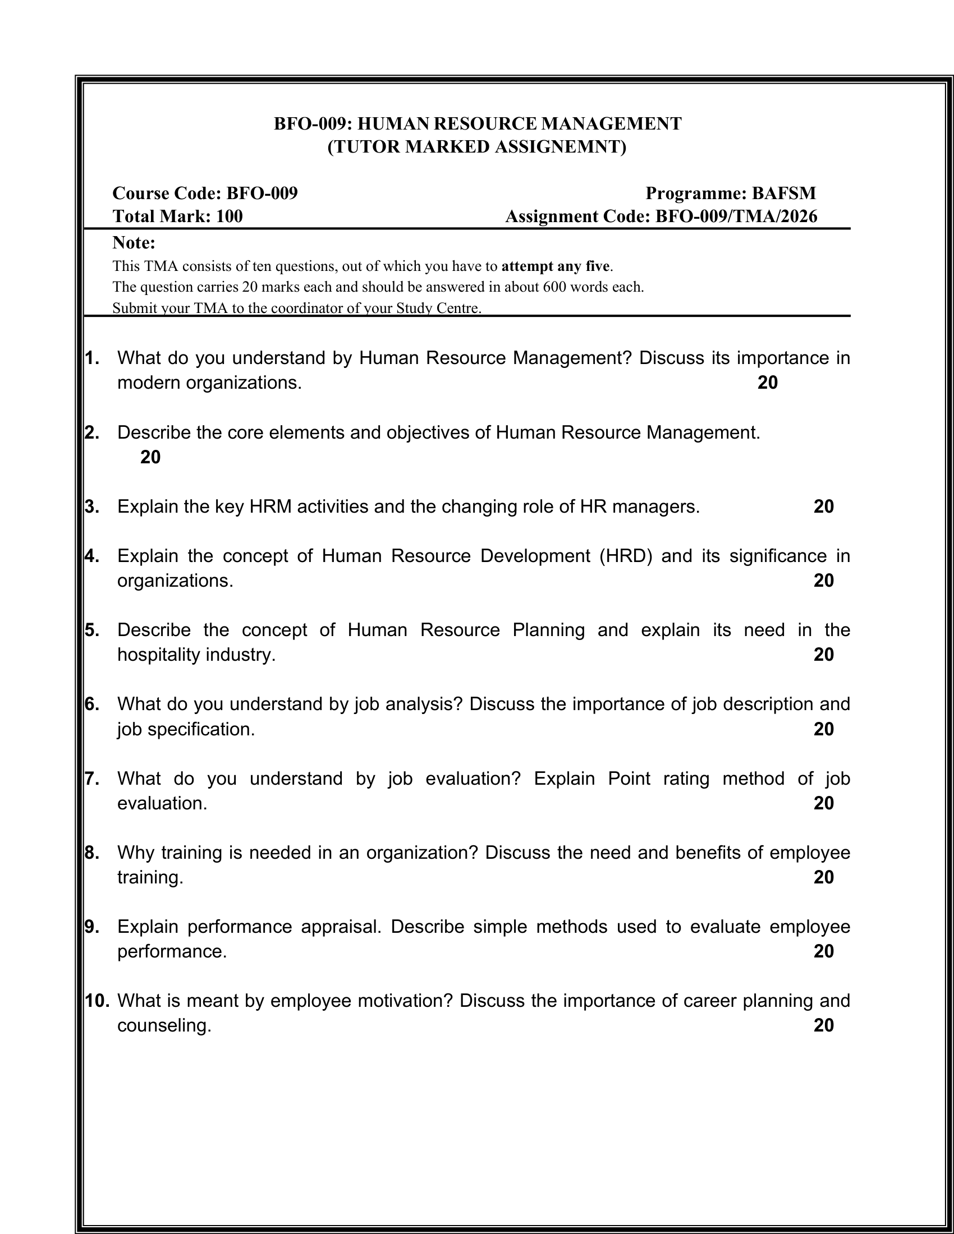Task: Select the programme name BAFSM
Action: [x=783, y=194]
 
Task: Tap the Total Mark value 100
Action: [x=230, y=217]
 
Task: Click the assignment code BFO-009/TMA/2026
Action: [x=736, y=217]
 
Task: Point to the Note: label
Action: [x=134, y=243]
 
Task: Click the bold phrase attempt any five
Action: [x=556, y=266]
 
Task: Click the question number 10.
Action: [x=97, y=1001]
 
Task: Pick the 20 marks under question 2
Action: [x=150, y=457]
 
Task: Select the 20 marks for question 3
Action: [x=823, y=507]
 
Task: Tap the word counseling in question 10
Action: [x=164, y=1025]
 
